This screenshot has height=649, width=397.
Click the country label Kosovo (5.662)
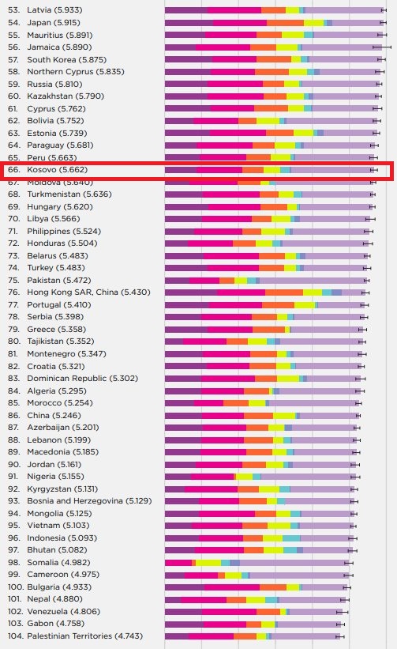(x=58, y=170)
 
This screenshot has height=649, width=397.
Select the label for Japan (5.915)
(x=54, y=22)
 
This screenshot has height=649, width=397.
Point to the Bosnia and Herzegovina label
(x=75, y=501)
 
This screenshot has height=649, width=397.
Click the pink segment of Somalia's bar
(x=178, y=563)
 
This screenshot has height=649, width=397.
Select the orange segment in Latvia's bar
(x=273, y=10)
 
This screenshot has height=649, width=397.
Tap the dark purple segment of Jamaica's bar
(x=180, y=47)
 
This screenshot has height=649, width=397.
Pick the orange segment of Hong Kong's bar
(x=284, y=292)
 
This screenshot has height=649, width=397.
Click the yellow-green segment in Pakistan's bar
(x=241, y=280)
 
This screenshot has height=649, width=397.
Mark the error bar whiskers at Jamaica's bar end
(x=382, y=47)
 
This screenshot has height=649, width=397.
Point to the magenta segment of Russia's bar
(x=234, y=84)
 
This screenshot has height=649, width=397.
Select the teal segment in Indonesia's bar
(x=291, y=538)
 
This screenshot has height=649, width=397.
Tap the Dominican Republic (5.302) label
(x=83, y=379)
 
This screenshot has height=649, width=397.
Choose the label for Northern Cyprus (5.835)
(x=76, y=72)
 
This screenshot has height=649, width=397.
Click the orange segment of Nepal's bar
(x=236, y=599)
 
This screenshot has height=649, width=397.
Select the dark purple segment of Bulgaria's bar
(x=184, y=587)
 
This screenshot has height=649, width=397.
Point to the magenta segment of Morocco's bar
(x=208, y=402)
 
